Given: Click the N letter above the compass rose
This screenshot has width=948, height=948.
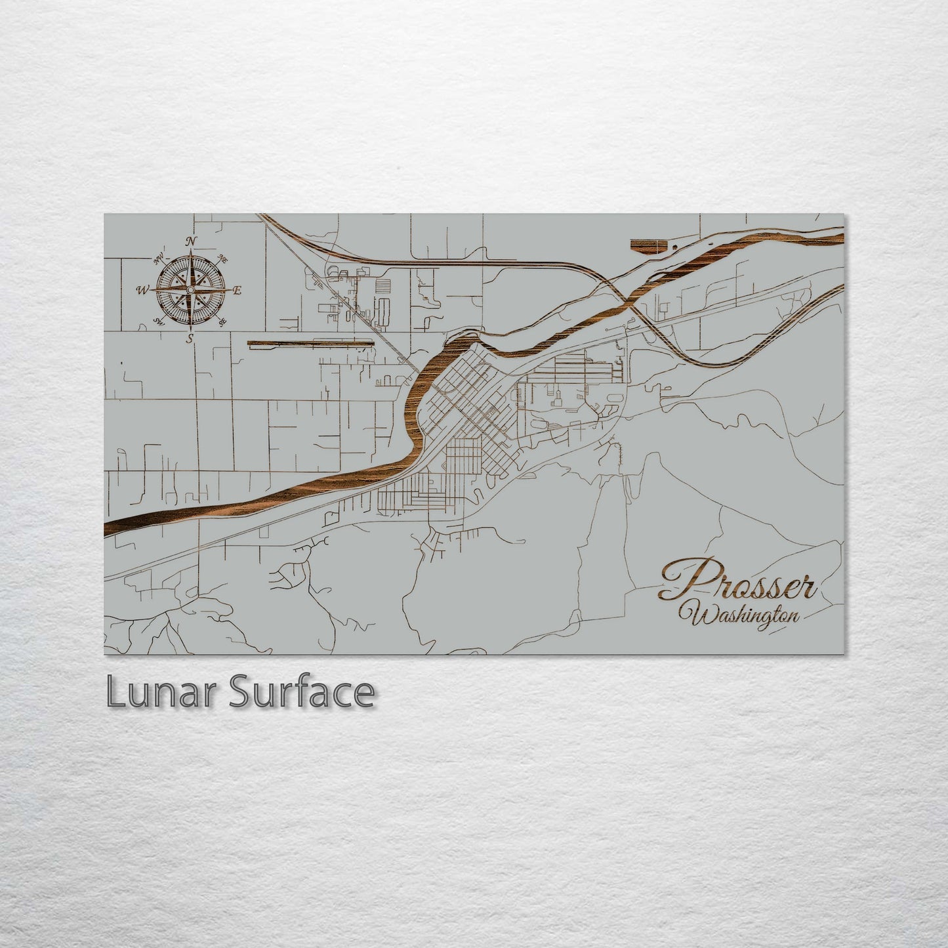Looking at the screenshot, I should (x=191, y=241).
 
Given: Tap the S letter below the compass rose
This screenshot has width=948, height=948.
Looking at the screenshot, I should (x=190, y=339).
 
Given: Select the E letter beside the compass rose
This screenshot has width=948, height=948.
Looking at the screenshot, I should (x=237, y=291).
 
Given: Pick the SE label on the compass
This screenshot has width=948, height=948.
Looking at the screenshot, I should (x=223, y=321).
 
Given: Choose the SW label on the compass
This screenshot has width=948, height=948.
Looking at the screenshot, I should (x=158, y=321).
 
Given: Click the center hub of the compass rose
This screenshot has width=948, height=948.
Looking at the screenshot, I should (x=191, y=289).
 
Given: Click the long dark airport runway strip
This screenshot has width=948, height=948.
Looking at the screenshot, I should (x=310, y=342).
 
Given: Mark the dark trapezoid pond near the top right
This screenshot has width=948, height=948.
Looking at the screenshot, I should (x=647, y=245).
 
